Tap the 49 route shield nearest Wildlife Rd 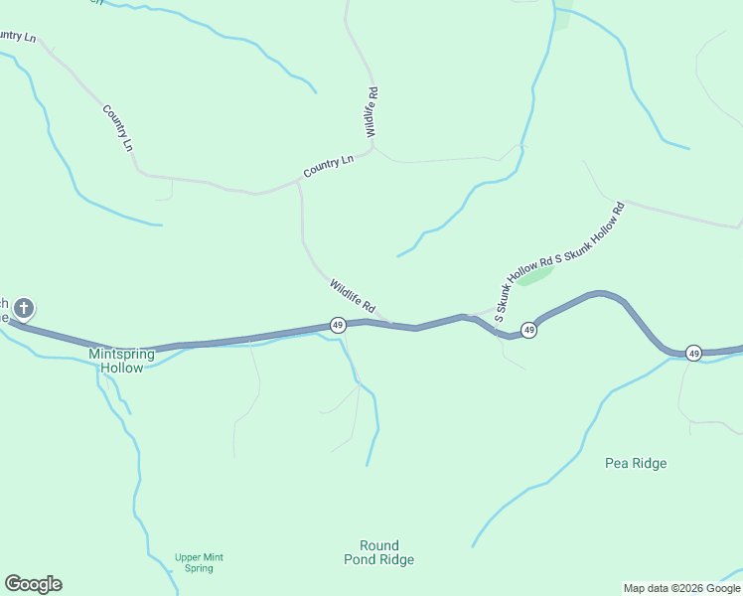(338, 325)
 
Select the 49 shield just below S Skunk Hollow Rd (529, 330)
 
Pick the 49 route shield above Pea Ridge (693, 353)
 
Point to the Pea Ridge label (636, 463)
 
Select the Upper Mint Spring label (199, 562)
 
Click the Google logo (33, 584)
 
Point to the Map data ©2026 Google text (681, 588)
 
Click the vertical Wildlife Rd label (371, 112)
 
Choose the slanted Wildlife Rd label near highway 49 (353, 293)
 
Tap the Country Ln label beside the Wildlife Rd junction (329, 166)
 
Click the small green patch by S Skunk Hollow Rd (535, 275)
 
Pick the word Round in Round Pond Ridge (379, 545)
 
